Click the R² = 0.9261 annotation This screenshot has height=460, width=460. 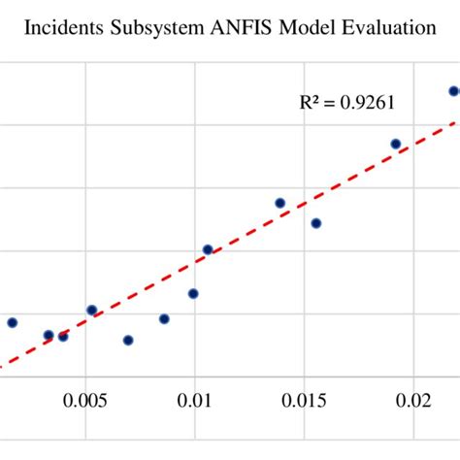(346, 101)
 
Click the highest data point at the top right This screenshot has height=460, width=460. (453, 91)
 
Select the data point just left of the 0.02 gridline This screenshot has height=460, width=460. (396, 144)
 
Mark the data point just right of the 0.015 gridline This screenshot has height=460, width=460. (315, 223)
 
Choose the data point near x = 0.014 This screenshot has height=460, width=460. (279, 203)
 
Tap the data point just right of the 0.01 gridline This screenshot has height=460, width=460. (207, 249)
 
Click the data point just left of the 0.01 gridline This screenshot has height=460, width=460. (193, 293)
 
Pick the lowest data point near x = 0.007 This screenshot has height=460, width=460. (128, 340)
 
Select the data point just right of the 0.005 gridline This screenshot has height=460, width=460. (91, 311)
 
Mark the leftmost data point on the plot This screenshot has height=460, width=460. (12, 322)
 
